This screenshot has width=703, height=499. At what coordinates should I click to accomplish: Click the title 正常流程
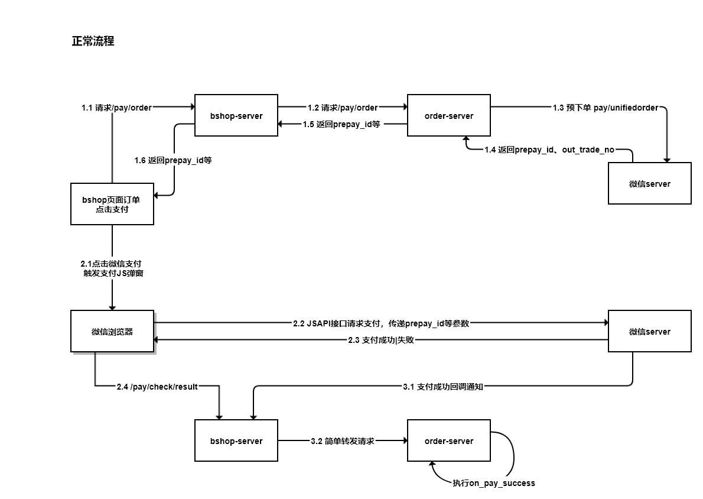point(93,41)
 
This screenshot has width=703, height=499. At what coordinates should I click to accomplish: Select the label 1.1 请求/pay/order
point(116,108)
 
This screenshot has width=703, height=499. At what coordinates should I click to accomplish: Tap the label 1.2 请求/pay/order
point(342,108)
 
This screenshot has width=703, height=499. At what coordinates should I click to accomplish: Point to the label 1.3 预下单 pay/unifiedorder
point(605,108)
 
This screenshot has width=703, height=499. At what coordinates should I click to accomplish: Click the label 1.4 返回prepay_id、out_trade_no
point(549,150)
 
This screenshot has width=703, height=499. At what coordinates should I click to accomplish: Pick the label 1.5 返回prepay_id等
point(341,124)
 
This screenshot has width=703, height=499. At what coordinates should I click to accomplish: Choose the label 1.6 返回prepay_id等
point(173,160)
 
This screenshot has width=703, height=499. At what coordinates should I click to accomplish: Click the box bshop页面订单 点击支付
point(112,204)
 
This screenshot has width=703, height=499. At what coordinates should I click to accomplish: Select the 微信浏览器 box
point(112,331)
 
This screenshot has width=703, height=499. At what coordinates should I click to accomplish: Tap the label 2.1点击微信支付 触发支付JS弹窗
point(112,268)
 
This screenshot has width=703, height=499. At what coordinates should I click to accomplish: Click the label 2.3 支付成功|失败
point(381,340)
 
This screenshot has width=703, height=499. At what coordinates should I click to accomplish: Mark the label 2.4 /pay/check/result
point(157,387)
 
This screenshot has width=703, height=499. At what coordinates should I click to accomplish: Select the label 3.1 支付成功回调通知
point(444,387)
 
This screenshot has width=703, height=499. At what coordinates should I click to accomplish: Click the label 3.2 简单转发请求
point(342,441)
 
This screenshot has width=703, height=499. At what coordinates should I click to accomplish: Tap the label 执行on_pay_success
point(494,483)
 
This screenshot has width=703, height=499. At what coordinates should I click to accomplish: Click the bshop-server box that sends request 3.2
point(236,440)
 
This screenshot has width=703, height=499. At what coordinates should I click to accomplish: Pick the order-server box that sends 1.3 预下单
point(449,115)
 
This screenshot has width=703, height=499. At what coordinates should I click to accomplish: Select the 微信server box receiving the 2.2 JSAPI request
point(650,331)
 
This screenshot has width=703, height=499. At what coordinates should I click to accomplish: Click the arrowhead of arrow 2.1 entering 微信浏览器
point(112,307)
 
